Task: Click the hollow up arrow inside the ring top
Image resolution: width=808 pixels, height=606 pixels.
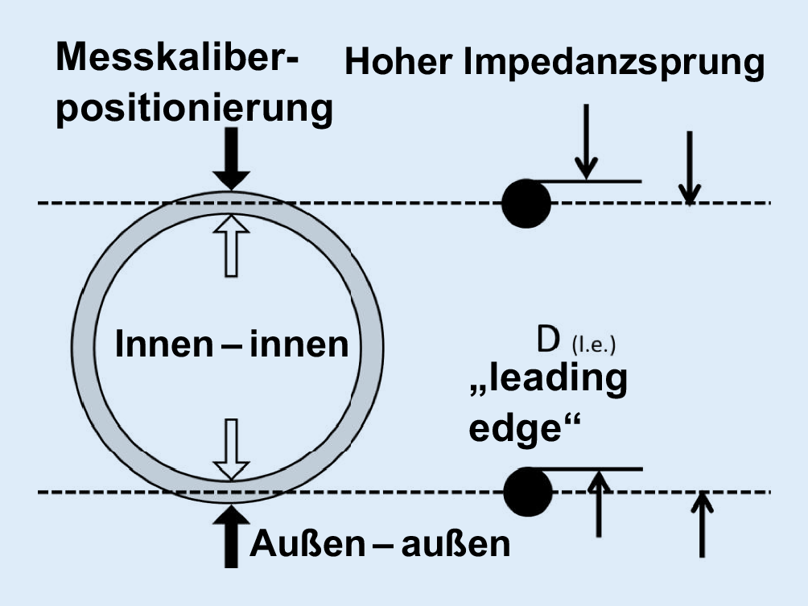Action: click(232, 242)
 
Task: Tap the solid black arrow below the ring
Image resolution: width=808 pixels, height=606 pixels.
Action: click(232, 534)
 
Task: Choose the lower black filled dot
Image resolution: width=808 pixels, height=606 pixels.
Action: click(528, 490)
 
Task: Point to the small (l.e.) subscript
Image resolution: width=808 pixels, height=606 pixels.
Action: click(593, 347)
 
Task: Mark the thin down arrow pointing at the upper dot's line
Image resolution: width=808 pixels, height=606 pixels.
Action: click(587, 140)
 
